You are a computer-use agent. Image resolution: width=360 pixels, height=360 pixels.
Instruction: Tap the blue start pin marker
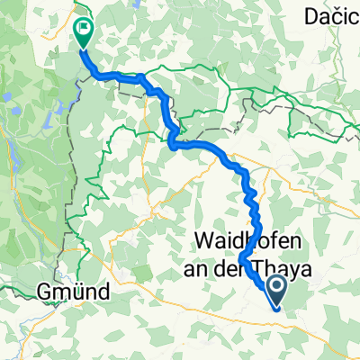pos(275,291)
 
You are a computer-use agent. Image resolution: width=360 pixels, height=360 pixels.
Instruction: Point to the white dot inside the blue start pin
pos(275,287)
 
